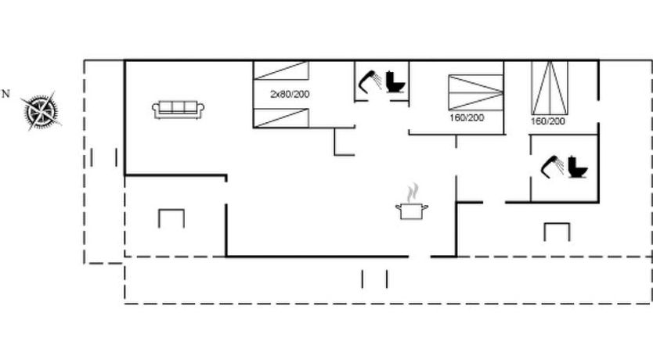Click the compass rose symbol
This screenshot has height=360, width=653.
41,111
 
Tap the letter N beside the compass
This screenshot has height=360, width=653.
5,94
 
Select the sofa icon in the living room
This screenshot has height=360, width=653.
178,110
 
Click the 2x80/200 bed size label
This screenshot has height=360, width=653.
290,94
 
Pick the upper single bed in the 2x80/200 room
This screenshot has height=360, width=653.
281,70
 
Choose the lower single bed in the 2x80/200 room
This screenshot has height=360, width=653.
281,117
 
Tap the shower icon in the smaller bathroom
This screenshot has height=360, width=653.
370,81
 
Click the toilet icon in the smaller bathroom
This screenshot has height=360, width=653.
395,82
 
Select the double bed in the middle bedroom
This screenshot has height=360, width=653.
475,92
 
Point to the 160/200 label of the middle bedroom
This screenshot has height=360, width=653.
467,117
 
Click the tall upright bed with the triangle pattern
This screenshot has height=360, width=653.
550,88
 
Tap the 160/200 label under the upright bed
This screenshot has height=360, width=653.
547,121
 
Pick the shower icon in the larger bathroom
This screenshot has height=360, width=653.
552,167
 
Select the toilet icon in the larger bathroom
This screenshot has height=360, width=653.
578,167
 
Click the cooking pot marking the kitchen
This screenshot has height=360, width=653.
412,211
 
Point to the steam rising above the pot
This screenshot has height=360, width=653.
413,192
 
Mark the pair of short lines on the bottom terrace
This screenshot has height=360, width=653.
374,279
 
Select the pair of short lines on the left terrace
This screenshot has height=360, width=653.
103,157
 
